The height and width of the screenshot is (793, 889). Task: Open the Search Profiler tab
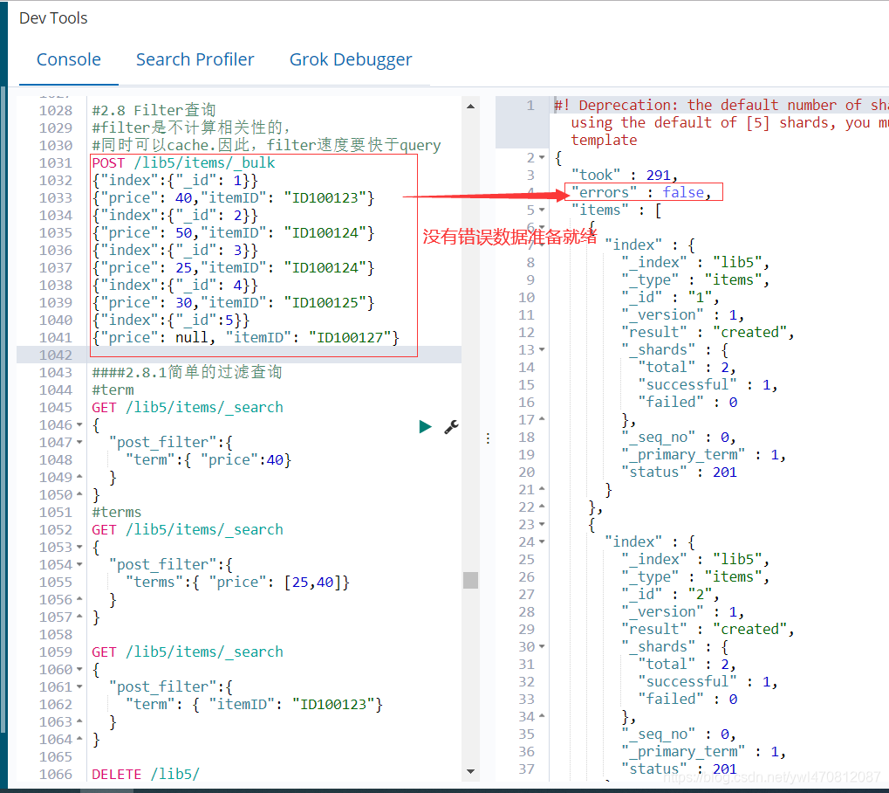coord(195,59)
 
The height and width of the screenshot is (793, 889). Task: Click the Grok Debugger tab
coord(351,59)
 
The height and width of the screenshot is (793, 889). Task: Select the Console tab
coord(69,59)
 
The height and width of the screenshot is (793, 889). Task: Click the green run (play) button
coord(425,426)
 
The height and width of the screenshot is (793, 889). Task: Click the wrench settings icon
coord(451,426)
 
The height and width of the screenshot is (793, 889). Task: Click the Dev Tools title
coord(53,17)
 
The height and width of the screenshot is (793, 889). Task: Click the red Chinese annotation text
coord(509,236)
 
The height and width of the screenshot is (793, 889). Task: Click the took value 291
coord(659,175)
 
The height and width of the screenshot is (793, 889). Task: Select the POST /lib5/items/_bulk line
coord(183,162)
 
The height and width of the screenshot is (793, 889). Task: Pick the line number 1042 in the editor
coord(56,355)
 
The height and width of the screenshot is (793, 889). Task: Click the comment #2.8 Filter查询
coord(154,110)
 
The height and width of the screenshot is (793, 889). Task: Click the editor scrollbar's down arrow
coord(471,772)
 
